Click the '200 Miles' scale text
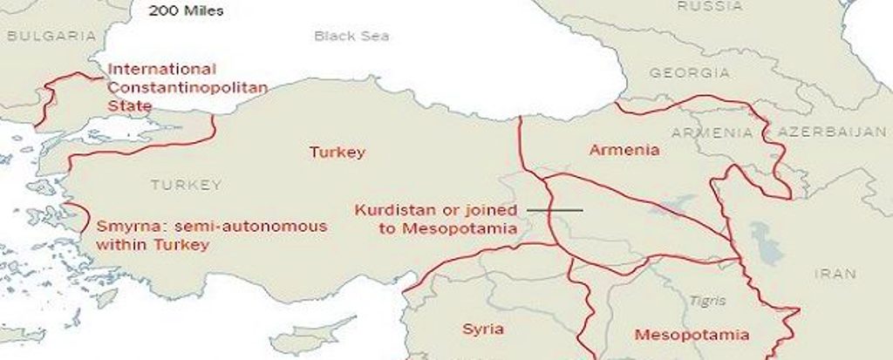[185, 11]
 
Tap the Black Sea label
[351, 37]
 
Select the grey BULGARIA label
[51, 37]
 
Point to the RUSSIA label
[710, 6]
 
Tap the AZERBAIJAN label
[819, 132]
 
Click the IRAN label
[835, 273]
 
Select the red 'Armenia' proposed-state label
[624, 151]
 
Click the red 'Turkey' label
[337, 153]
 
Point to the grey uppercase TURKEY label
[186, 185]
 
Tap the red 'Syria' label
[483, 329]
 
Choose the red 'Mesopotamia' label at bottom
[692, 335]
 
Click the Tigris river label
[706, 301]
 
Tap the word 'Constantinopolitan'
[187, 87]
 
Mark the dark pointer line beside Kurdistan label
[554, 210]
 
